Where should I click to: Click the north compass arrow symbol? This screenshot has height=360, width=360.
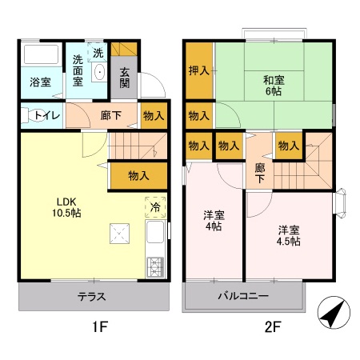[x=334, y=312]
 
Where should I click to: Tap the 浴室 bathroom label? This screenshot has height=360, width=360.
[x=40, y=82]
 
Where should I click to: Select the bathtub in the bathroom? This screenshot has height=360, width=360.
[x=42, y=54]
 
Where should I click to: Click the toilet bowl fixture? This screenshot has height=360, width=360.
[x=33, y=116]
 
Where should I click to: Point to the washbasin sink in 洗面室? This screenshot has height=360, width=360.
[x=99, y=72]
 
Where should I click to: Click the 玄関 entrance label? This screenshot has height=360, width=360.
[x=124, y=78]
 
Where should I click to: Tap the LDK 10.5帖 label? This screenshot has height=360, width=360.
[x=66, y=207]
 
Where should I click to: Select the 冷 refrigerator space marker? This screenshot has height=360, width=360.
[x=155, y=207]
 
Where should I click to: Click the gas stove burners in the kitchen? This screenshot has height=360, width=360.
[x=155, y=267]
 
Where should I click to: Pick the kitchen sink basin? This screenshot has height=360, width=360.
[x=155, y=232]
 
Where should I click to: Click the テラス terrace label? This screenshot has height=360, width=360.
[x=91, y=297]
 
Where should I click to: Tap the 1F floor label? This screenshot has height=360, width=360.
[x=100, y=326]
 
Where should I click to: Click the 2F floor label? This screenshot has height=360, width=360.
[x=273, y=326]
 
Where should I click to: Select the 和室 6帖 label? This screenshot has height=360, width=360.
[x=274, y=86]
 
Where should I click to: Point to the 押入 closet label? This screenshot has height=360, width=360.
[x=199, y=70]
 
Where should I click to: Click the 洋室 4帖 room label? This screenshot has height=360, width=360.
[x=214, y=221]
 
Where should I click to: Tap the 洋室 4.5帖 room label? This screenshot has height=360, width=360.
[x=289, y=235]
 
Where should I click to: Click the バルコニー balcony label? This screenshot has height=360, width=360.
[x=243, y=296]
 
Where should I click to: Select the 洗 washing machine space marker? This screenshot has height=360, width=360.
[x=98, y=53]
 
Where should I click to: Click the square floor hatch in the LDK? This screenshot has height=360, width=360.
[x=120, y=234]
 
